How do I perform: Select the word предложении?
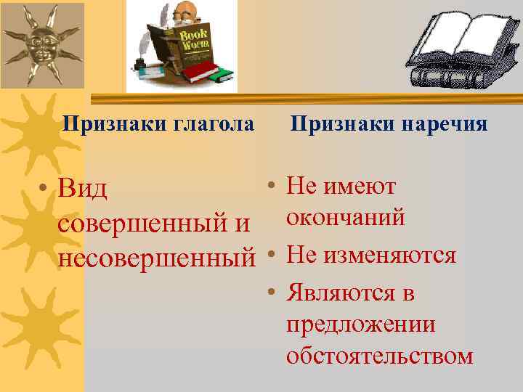[361, 324]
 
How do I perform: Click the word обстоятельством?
[380, 356]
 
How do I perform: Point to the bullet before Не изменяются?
[269, 256]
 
